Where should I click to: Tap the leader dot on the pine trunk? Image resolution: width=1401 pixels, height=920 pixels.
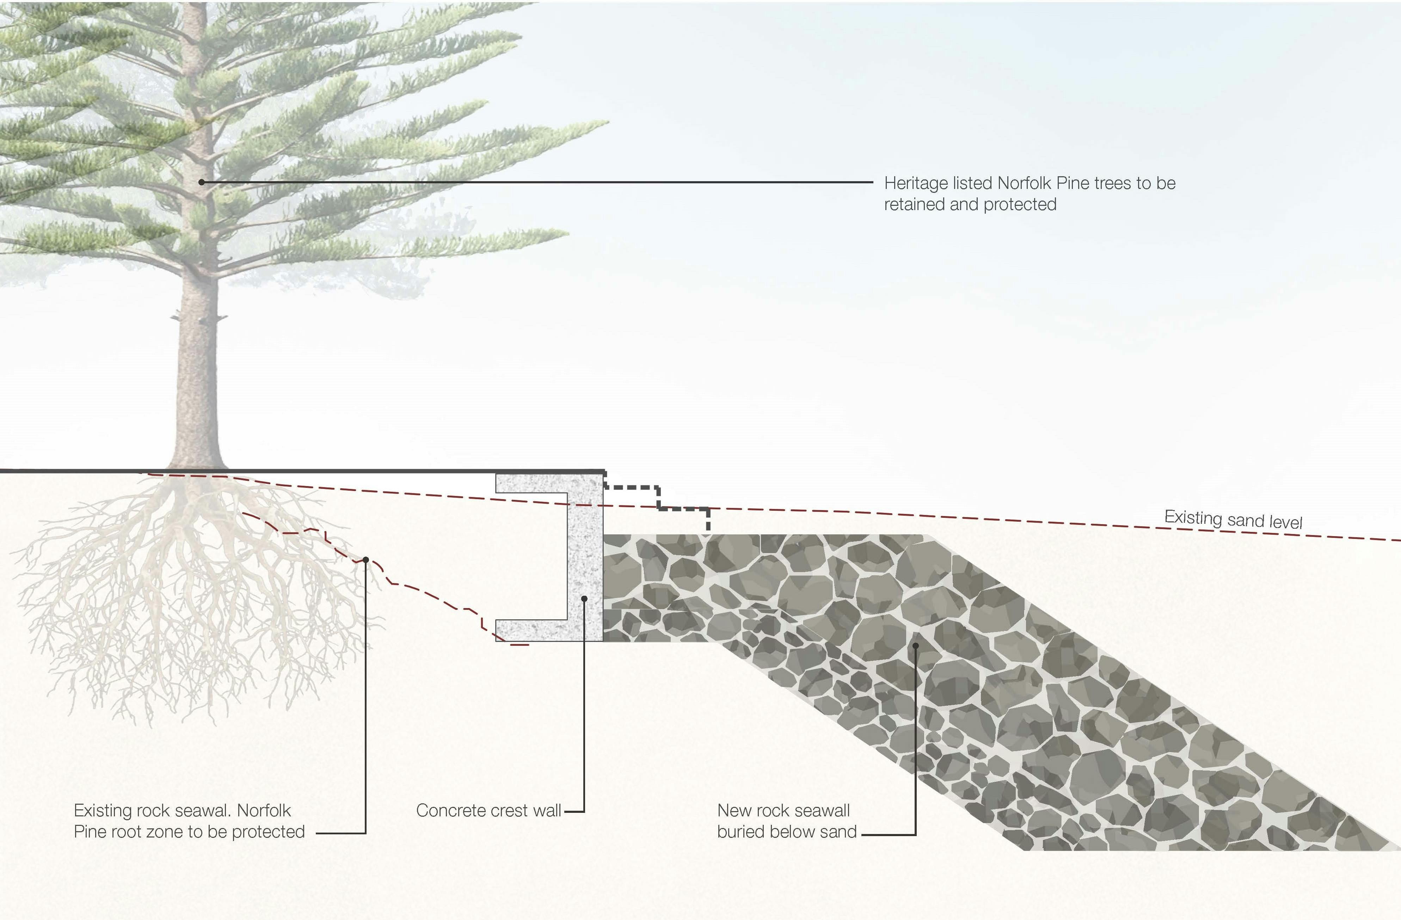(201, 183)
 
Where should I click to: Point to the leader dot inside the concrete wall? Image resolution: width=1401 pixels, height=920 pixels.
(584, 599)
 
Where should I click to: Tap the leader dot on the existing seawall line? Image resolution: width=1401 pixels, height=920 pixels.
(365, 560)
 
